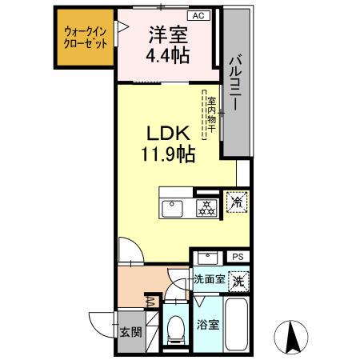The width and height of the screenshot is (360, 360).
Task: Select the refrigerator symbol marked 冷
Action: click(237, 202)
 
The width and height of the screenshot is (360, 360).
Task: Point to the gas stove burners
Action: click(206, 208)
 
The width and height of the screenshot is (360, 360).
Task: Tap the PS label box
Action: click(237, 257)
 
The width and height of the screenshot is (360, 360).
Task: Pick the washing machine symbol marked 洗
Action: click(238, 281)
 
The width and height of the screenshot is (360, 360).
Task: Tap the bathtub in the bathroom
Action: click(237, 325)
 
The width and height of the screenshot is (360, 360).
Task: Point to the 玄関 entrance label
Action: click(130, 332)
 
